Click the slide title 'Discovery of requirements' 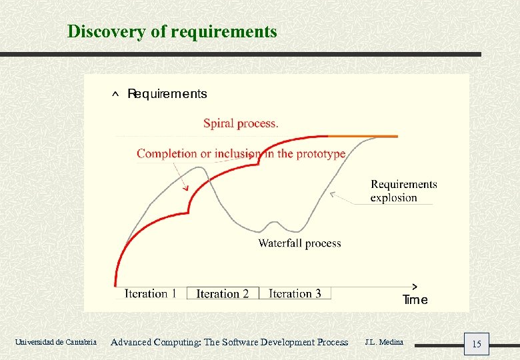172,31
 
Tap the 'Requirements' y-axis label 167,94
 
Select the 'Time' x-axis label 415,300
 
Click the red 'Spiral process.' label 241,123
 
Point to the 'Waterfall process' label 299,243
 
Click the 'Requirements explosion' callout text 403,191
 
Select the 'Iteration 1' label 151,293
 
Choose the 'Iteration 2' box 223,293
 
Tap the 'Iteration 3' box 295,293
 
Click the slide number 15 477,344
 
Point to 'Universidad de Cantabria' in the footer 55,342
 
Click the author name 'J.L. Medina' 384,342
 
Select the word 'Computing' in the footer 177,342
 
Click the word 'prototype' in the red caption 321,154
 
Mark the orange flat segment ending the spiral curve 373,136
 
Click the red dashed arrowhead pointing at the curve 187,189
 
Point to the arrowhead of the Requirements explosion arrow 332,195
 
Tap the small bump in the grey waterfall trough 272,222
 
